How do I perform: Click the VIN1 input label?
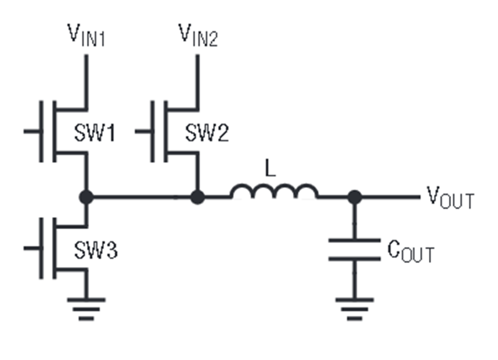86,35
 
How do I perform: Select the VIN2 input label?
198,35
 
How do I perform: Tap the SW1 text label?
94,132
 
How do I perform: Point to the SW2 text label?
207,132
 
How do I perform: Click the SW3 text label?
96,250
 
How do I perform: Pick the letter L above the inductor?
270,168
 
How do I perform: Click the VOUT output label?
450,197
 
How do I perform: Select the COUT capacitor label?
411,251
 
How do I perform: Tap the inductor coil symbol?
274,191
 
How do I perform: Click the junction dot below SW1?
86,197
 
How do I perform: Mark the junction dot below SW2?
198,197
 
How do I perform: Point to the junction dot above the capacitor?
355,197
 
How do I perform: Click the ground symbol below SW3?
86,309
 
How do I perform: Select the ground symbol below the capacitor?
355,309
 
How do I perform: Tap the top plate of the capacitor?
355,240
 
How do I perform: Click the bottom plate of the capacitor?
355,259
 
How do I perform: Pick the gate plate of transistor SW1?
41,131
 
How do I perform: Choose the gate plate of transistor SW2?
153,131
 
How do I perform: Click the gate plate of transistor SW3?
41,248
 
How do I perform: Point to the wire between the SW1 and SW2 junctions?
142,197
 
